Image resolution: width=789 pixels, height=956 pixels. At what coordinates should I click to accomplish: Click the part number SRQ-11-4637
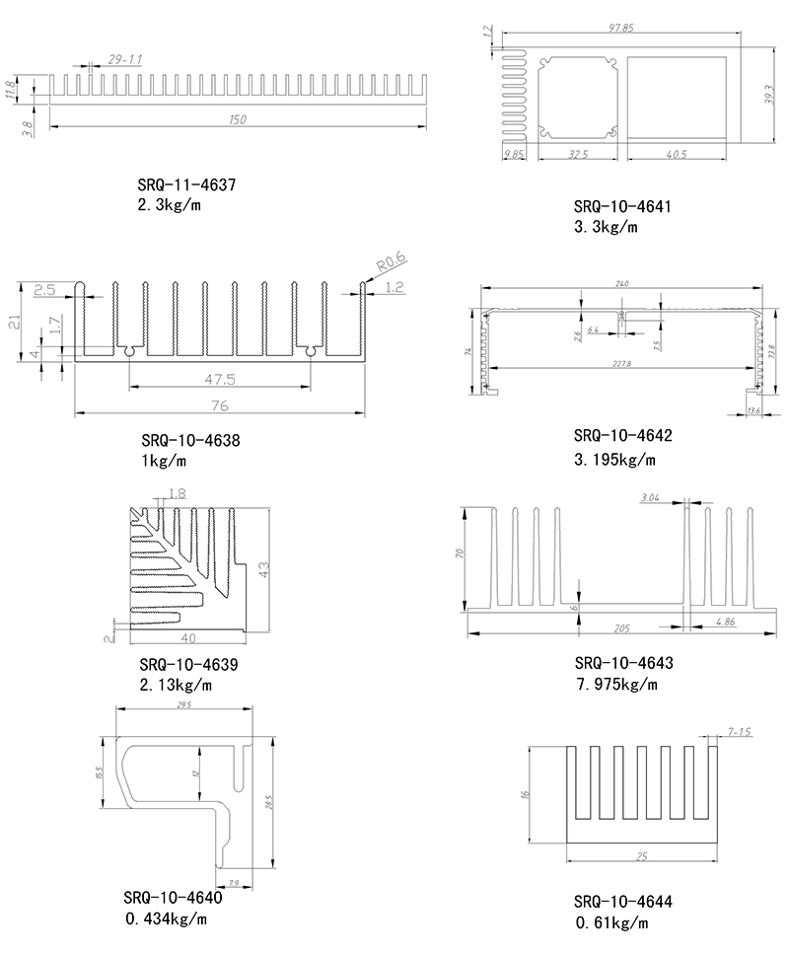(x=186, y=184)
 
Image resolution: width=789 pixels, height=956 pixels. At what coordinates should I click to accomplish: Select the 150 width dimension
(x=238, y=120)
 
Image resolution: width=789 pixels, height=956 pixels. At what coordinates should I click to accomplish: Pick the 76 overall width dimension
(x=219, y=405)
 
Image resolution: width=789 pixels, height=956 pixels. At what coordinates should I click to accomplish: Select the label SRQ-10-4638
(x=190, y=440)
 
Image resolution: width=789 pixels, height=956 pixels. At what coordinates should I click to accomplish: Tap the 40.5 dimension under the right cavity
(x=677, y=154)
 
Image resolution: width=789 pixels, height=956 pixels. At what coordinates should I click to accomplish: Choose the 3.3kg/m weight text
(x=606, y=227)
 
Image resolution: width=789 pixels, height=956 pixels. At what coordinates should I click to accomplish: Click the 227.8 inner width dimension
(x=622, y=364)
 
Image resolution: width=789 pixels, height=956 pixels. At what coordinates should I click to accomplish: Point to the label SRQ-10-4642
(x=622, y=436)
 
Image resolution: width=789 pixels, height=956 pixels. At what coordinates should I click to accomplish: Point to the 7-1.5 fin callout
(x=739, y=731)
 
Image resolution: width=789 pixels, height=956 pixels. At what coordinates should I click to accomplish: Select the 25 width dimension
(x=642, y=856)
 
